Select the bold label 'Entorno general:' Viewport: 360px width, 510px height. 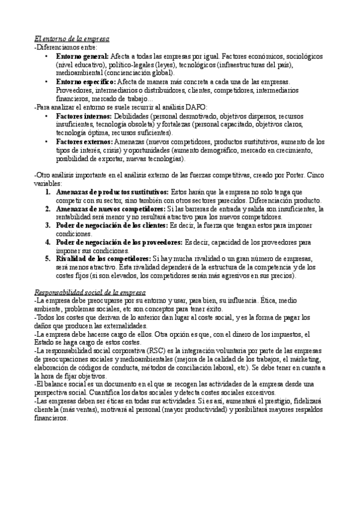pos(82,55)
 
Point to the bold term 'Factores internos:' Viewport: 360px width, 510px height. pos(84,115)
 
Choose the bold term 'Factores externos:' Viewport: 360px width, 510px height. pos(84,141)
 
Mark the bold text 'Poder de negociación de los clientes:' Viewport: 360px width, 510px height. pos(112,225)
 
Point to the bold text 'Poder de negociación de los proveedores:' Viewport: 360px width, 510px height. pos(119,242)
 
